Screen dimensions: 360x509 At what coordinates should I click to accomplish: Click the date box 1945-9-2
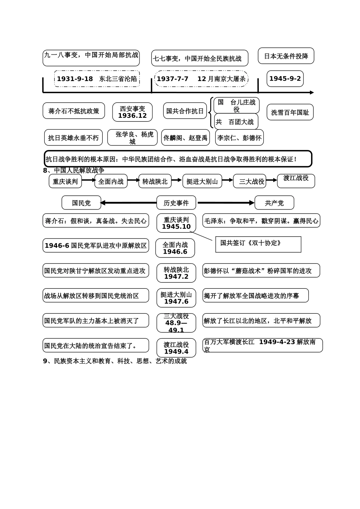point(285,79)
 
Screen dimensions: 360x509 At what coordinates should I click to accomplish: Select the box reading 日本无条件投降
point(286,56)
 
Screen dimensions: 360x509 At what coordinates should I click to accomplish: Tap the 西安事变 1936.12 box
point(132,112)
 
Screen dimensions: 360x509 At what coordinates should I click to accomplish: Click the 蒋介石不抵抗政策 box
point(74,111)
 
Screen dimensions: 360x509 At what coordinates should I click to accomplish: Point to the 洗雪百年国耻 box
point(290,112)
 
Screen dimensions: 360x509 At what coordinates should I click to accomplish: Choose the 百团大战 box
point(236,122)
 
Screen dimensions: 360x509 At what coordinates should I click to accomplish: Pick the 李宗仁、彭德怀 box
point(239,138)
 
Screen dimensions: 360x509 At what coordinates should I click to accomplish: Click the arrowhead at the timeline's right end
point(312,92)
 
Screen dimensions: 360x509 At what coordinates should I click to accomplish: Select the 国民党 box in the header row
point(81,203)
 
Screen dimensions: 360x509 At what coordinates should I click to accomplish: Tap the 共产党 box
point(274,203)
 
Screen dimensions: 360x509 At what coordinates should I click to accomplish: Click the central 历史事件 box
point(176,203)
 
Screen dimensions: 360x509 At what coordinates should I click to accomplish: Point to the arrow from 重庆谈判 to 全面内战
point(89,180)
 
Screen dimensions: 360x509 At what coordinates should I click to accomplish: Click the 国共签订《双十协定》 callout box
point(258,244)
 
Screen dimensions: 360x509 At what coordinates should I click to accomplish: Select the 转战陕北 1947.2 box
point(176,273)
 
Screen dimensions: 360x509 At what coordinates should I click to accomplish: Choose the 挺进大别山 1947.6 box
point(176,298)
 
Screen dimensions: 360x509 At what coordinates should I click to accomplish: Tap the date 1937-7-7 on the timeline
point(172,79)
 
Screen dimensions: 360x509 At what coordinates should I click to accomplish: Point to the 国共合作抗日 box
point(185,111)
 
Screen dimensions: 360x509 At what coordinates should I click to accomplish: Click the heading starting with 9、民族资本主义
point(115,361)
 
